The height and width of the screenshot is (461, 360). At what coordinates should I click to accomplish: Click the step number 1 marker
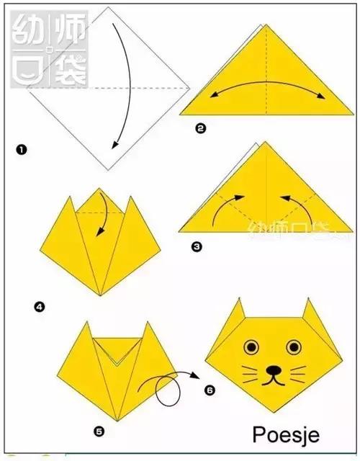pyautogui.click(x=22, y=150)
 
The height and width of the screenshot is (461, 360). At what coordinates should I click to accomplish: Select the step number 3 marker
pyautogui.click(x=197, y=246)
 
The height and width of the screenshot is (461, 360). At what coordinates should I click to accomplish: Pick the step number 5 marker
pyautogui.click(x=99, y=431)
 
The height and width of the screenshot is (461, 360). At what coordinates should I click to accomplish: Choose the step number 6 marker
pyautogui.click(x=210, y=390)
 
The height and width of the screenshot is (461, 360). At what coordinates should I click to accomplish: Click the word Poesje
pyautogui.click(x=285, y=435)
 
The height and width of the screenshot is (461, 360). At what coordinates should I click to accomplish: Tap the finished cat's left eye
pyautogui.click(x=251, y=347)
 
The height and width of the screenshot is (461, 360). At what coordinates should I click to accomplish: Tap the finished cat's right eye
pyautogui.click(x=293, y=347)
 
